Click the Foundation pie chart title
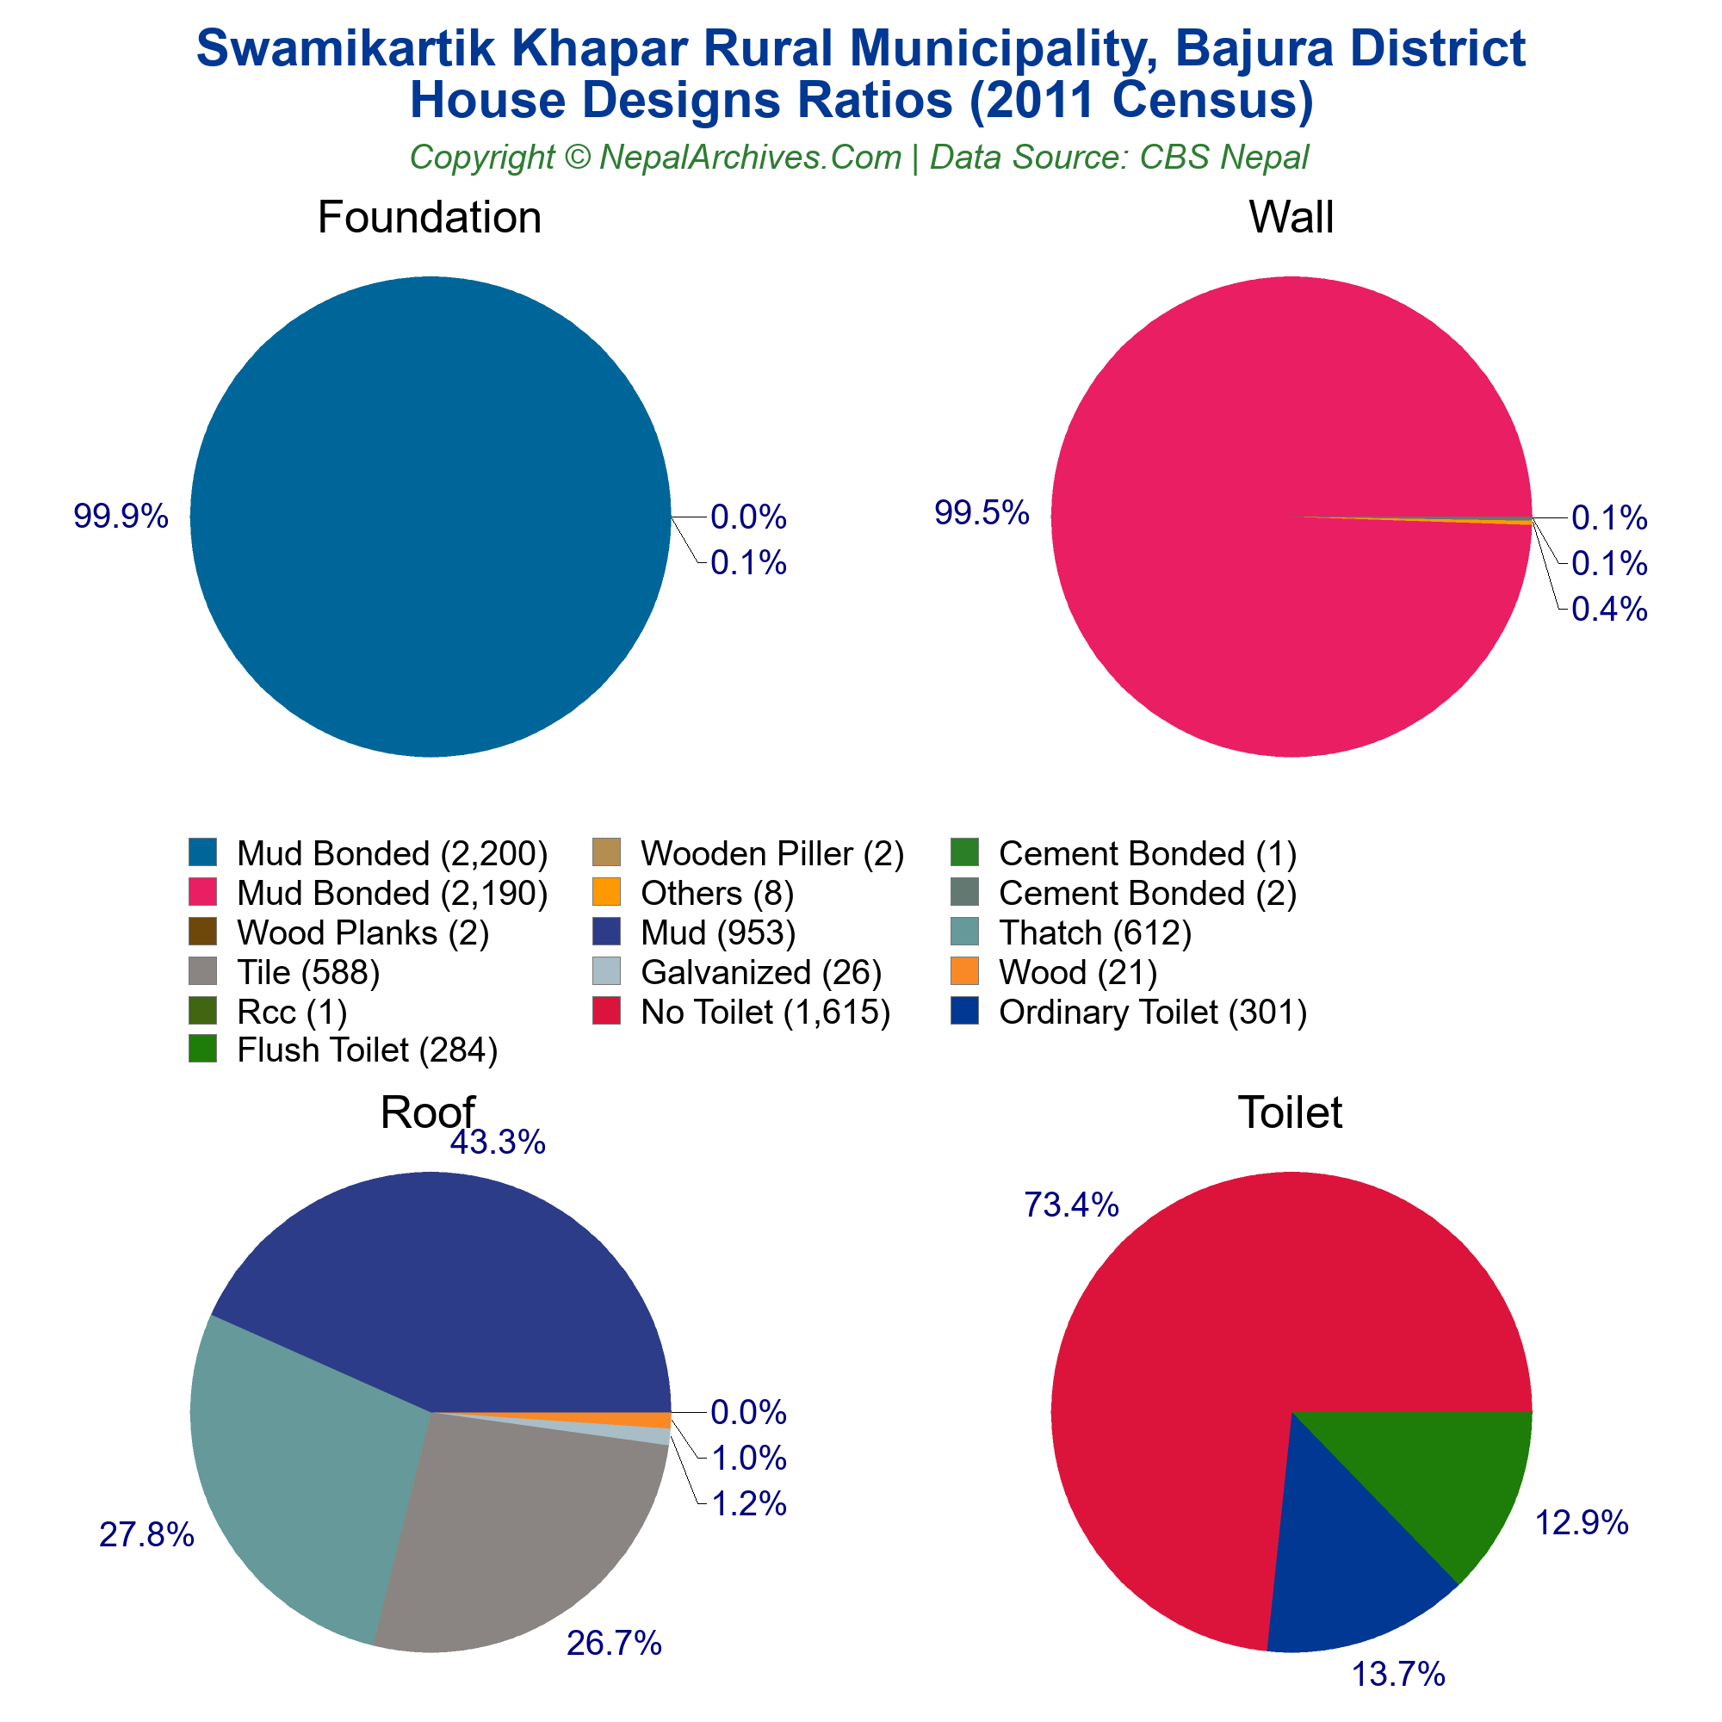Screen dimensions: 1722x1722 (429, 218)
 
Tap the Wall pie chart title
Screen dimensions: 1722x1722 (1291, 218)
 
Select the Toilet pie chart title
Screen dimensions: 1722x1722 (1290, 1112)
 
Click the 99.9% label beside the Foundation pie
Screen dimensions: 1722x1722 (121, 516)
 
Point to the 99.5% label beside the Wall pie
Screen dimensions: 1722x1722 (982, 512)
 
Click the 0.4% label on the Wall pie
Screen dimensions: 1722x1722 (1609, 610)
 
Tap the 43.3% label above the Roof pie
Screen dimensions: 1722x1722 (498, 1142)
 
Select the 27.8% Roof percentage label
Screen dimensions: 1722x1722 (146, 1535)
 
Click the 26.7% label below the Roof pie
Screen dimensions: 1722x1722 (614, 1643)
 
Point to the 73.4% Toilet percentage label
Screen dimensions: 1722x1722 (1070, 1205)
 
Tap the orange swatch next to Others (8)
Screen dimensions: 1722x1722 (606, 892)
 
